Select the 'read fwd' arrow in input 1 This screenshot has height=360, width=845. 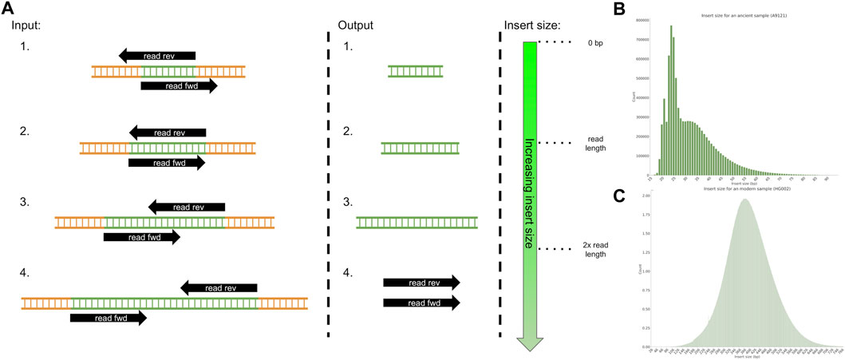(179, 86)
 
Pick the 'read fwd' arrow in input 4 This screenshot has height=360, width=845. (109, 318)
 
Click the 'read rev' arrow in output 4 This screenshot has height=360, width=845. (421, 282)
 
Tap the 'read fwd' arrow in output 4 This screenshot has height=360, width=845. (421, 302)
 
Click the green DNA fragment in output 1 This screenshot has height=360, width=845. (416, 71)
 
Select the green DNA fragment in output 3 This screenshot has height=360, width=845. (417, 222)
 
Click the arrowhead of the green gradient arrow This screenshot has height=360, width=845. (530, 343)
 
